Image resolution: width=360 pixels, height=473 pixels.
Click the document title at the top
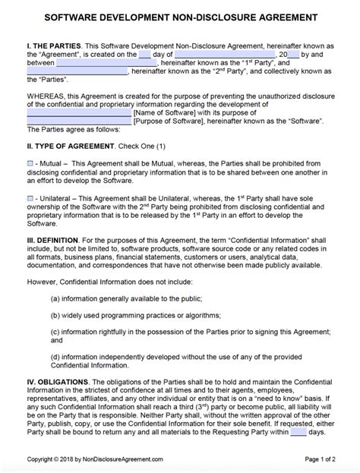pos(180,17)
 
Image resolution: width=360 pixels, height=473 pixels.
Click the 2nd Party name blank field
pos(77,74)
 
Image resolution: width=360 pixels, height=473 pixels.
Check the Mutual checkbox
pos(30,162)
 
